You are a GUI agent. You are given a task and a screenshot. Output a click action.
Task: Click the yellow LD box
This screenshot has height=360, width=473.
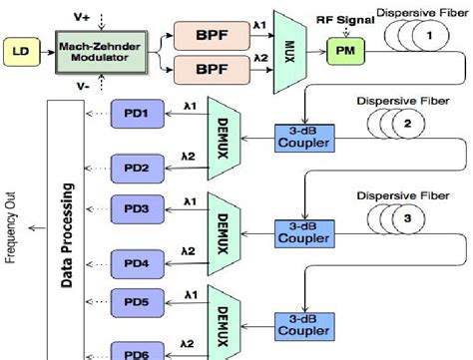(20, 48)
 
